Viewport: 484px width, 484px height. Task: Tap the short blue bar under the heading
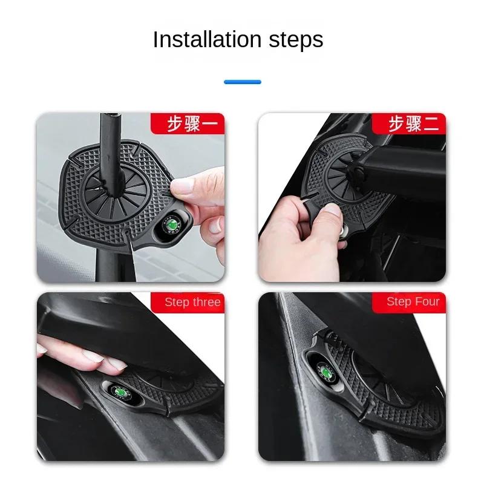point(242,82)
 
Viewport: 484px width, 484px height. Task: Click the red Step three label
point(192,302)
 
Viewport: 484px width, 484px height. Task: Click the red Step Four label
point(413,301)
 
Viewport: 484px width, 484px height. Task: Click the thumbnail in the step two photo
point(330,209)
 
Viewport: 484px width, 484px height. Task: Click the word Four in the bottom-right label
point(427,301)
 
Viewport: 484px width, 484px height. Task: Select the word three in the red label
point(206,302)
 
